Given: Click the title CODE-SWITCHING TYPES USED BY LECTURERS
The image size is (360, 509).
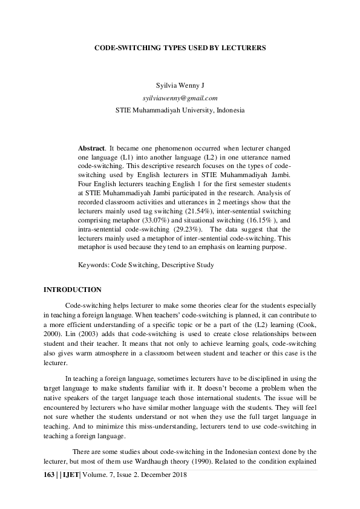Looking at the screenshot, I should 180,46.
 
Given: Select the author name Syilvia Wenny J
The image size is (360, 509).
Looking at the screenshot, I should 180,86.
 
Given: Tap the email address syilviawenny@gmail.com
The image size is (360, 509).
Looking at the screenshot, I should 180,98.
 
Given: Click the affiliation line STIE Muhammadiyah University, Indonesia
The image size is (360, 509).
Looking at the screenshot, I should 180,111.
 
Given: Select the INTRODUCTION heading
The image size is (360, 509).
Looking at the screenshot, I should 73,290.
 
